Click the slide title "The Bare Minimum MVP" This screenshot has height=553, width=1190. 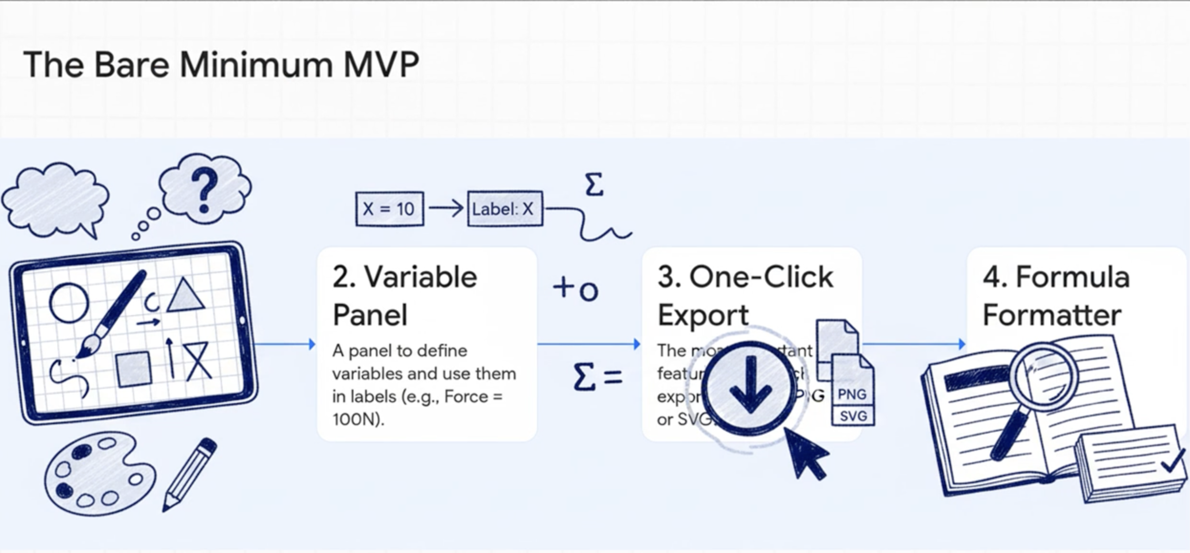(221, 64)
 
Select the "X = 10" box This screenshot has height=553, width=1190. (389, 209)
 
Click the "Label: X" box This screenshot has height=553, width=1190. (505, 209)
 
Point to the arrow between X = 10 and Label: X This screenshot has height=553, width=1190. (445, 208)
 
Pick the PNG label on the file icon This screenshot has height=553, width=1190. (852, 394)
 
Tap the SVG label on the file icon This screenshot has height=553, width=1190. (853, 416)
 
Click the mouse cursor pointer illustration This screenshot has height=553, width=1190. (806, 454)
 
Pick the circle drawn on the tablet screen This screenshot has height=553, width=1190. (69, 303)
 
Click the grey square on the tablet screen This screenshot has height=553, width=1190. (134, 368)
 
